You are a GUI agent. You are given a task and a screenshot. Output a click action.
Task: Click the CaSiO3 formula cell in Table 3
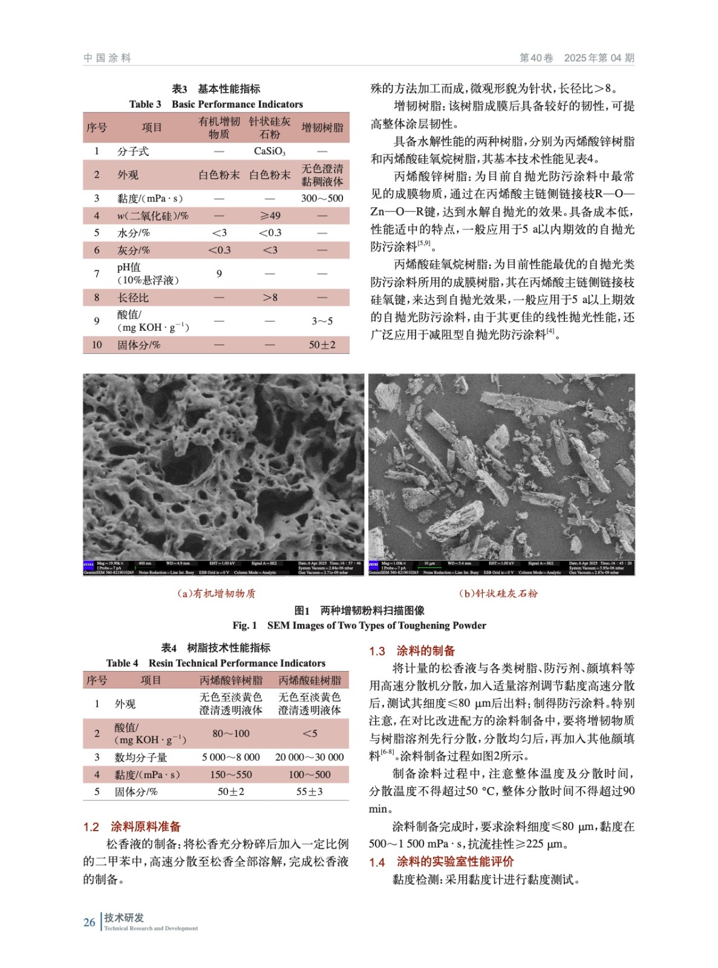click(269, 151)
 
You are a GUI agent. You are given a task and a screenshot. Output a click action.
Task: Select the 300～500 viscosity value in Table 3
click(322, 198)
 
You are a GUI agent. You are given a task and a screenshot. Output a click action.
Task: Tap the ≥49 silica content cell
click(270, 215)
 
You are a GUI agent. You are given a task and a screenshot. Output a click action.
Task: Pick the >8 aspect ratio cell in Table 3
click(270, 298)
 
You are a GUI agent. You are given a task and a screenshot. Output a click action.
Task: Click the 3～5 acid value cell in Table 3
click(322, 321)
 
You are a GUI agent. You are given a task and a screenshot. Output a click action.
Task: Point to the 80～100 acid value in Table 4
click(230, 733)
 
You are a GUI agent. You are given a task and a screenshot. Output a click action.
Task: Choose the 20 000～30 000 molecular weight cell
click(309, 757)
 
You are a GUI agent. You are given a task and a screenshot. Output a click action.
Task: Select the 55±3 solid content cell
click(309, 791)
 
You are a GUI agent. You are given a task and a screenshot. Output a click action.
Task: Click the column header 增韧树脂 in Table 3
click(322, 128)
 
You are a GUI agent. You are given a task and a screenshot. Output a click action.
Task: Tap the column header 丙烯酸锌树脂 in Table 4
click(230, 681)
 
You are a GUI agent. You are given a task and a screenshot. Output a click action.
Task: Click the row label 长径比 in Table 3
click(133, 298)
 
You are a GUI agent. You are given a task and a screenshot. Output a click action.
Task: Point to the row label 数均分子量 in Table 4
click(140, 757)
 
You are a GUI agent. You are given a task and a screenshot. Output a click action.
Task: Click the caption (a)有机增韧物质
click(216, 594)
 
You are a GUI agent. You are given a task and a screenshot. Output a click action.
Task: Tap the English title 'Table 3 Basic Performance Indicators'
click(216, 104)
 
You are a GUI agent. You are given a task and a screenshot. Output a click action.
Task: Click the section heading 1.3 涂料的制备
click(412, 651)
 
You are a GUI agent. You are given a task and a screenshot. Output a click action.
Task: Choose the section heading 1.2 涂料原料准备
click(132, 826)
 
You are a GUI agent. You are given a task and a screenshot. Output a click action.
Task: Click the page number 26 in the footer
click(89, 922)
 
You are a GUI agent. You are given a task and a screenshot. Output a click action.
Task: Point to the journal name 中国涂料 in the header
click(107, 58)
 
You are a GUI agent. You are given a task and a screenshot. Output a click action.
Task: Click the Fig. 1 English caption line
click(359, 626)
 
